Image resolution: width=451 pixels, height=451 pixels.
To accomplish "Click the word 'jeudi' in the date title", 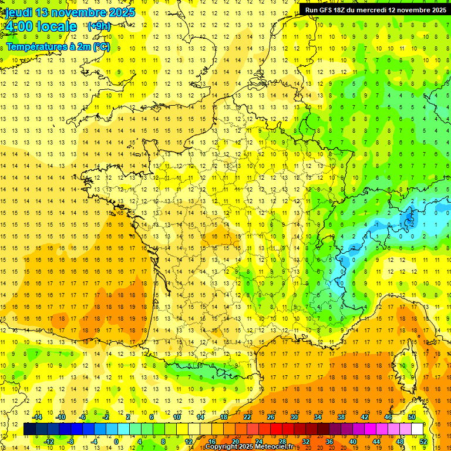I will click(x=18, y=12).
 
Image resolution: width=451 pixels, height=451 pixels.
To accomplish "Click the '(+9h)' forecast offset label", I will click(x=98, y=26).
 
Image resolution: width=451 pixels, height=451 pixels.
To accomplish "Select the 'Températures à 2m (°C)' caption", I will click(x=58, y=46).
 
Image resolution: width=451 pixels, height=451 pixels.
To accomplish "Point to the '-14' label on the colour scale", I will click(x=38, y=417).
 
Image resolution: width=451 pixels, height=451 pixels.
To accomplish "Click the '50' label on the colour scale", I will click(x=411, y=417).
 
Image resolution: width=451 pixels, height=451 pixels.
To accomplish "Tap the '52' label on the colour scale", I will click(x=423, y=442).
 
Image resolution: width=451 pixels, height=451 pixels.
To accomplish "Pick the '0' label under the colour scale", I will click(x=117, y=442).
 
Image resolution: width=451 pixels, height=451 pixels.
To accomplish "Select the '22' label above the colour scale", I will click(x=247, y=417).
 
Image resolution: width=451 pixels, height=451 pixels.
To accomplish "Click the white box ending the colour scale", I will click(x=418, y=429).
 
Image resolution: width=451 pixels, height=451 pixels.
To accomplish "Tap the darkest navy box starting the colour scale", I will click(x=29, y=429).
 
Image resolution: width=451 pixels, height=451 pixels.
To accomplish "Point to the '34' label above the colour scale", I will click(x=318, y=417).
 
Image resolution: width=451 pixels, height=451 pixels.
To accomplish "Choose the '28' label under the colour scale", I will click(x=282, y=442).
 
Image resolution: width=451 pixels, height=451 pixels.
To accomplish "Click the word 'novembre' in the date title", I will click(x=80, y=12).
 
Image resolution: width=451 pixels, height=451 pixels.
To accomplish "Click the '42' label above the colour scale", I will click(x=365, y=417).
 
